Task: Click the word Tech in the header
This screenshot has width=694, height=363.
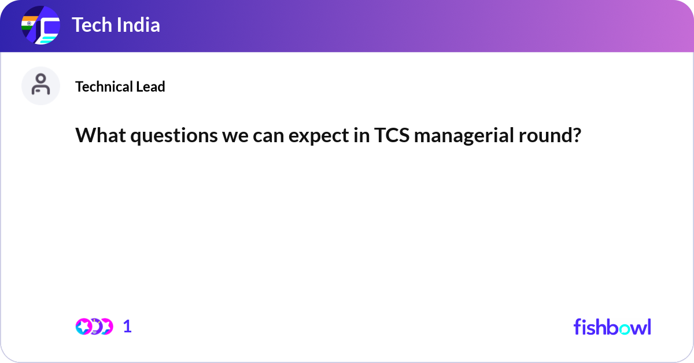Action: coord(91,25)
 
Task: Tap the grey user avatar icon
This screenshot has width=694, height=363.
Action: coord(40,86)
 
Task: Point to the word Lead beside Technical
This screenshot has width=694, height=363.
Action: coord(150,87)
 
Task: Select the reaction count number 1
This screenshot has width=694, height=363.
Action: coord(128,327)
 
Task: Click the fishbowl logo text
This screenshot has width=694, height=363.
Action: coord(612,327)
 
